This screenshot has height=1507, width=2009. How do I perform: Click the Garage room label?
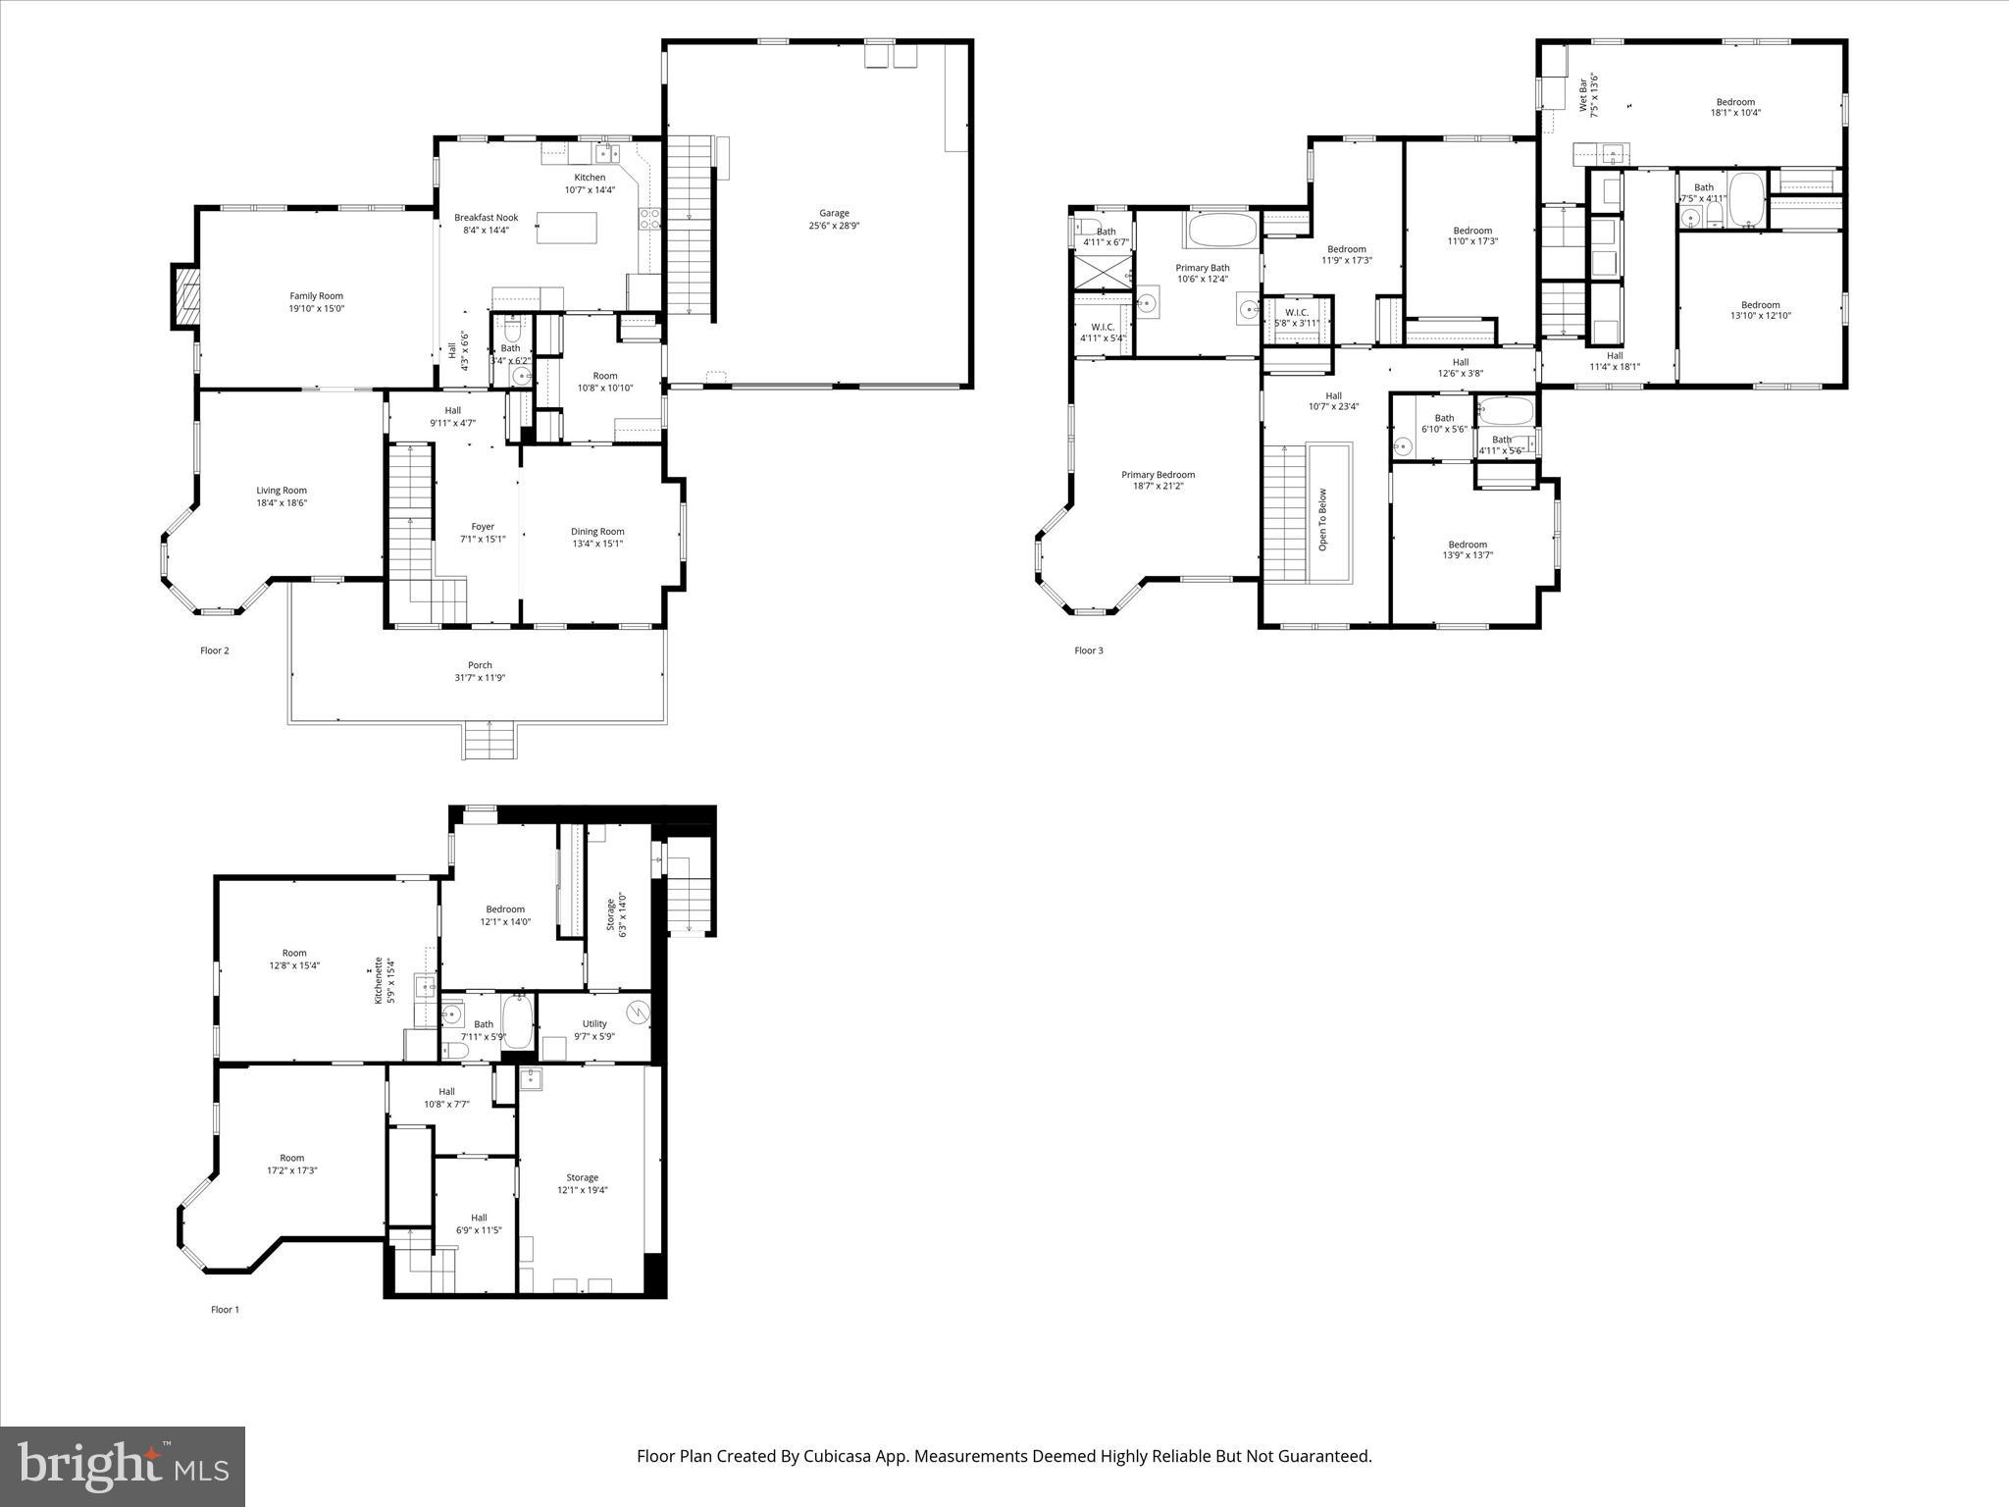pyautogui.click(x=834, y=219)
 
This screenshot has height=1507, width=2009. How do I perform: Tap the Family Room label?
pyautogui.click(x=316, y=301)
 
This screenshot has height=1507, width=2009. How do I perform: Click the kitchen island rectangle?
pyautogui.click(x=567, y=229)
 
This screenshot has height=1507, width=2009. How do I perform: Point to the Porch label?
pyautogui.click(x=480, y=671)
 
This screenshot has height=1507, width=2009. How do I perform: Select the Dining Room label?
pyautogui.click(x=597, y=537)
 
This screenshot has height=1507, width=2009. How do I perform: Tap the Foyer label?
pyautogui.click(x=483, y=532)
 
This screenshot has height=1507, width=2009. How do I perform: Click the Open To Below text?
pyautogui.click(x=1322, y=519)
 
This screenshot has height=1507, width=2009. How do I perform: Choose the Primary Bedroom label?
pyautogui.click(x=1158, y=480)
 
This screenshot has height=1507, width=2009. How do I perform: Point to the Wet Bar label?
pyautogui.click(x=1588, y=94)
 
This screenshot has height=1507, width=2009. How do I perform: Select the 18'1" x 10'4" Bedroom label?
pyautogui.click(x=1734, y=107)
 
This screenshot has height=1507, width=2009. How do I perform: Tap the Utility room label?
pyautogui.click(x=594, y=1029)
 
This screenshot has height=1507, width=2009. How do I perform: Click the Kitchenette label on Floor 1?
pyautogui.click(x=384, y=981)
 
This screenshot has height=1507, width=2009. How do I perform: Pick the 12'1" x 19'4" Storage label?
pyautogui.click(x=582, y=1183)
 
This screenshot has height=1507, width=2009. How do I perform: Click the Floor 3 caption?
pyautogui.click(x=1088, y=650)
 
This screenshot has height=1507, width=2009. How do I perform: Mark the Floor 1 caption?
pyautogui.click(x=225, y=1309)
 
